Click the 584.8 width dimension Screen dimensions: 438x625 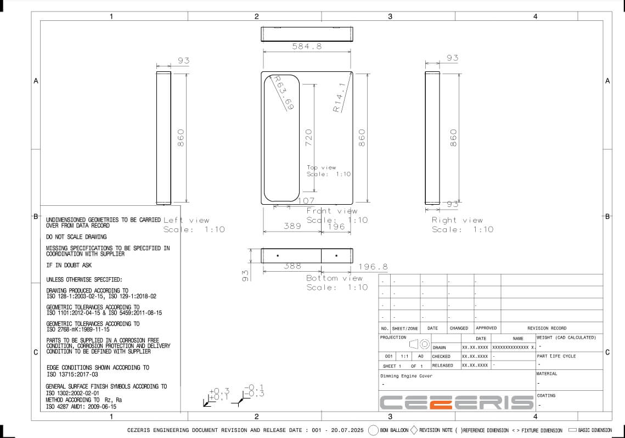pos(307,47)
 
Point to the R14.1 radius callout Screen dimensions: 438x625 pos(339,97)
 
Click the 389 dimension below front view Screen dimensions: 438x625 pos(292,226)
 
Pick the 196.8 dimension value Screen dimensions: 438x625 pos(373,267)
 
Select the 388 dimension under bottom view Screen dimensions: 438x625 pos(292,266)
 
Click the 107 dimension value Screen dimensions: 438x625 pos(306,201)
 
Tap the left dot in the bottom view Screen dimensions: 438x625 pos(278,256)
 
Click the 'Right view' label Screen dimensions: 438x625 pos(457,220)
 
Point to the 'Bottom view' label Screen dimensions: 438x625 pos(334,278)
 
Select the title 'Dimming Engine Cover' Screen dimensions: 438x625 pos(406,376)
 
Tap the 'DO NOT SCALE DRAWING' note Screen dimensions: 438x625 pos(76,237)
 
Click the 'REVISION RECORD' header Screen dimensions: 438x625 pos(547,328)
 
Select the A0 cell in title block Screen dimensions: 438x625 pos(421,356)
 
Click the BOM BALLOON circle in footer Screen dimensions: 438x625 pos(374,430)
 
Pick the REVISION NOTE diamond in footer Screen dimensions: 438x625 pos(414,430)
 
